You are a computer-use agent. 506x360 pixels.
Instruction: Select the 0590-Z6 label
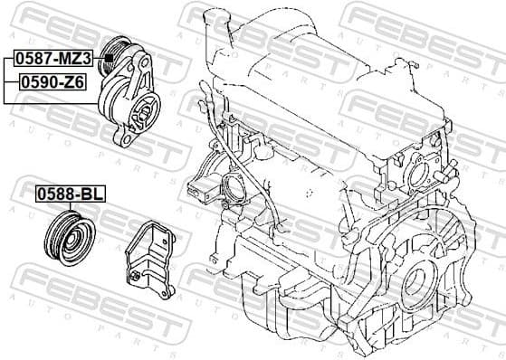click(48, 81)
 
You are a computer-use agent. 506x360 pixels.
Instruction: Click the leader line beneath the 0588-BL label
click(70, 206)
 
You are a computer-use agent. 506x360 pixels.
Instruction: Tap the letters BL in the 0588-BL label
click(89, 194)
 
